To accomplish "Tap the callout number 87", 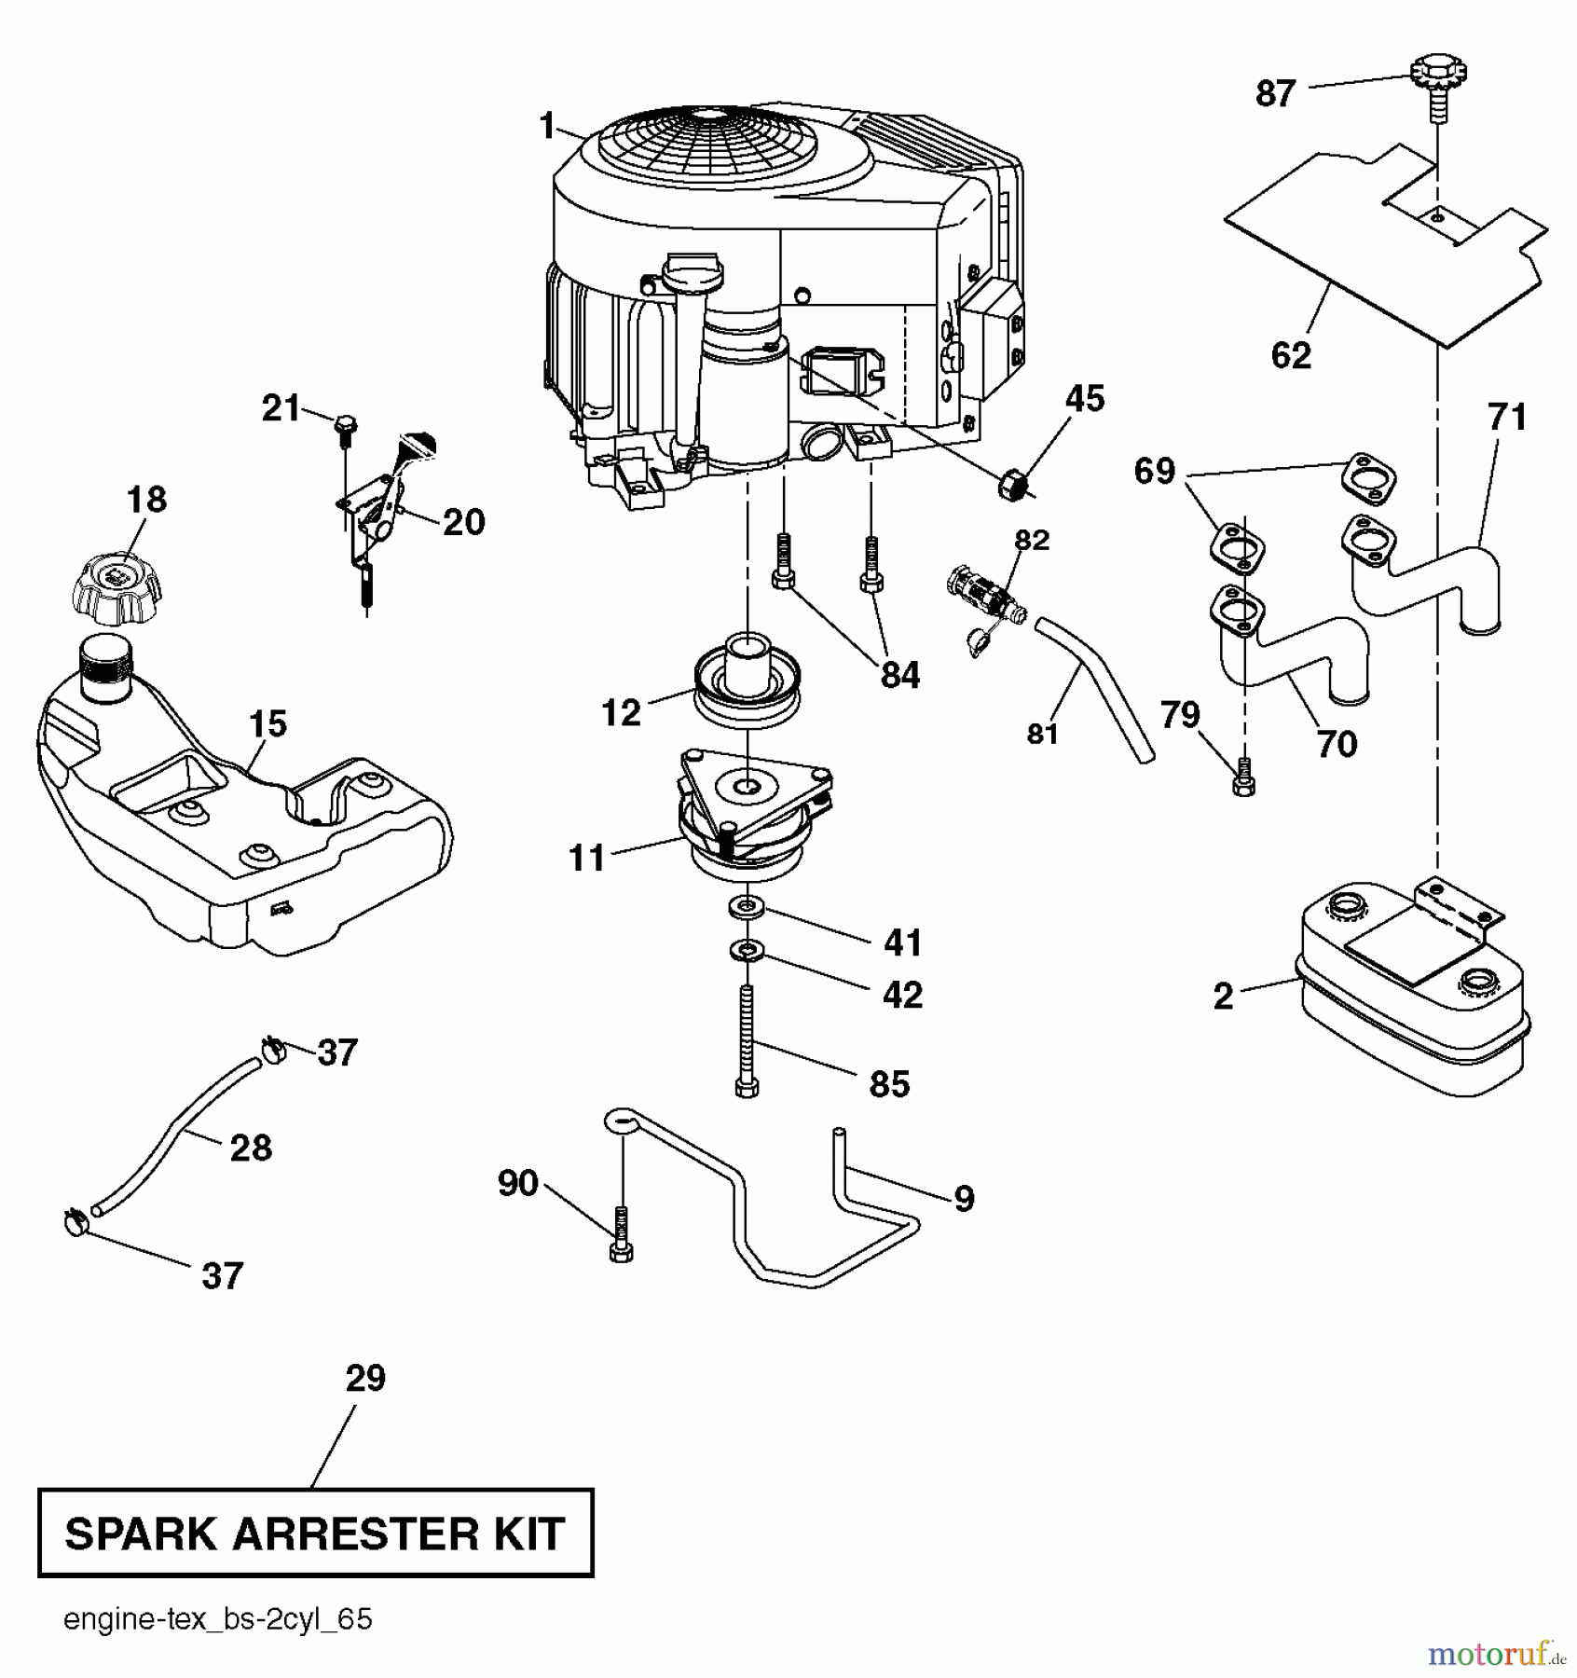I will click(x=1275, y=94).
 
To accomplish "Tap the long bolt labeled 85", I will click(x=747, y=1039).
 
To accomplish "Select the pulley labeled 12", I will click(x=747, y=681).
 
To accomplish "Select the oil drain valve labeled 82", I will click(x=980, y=592).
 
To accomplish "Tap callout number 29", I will click(x=364, y=1378).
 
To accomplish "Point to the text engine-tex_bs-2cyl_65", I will click(x=217, y=1619).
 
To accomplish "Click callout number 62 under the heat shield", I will click(x=1291, y=355).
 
